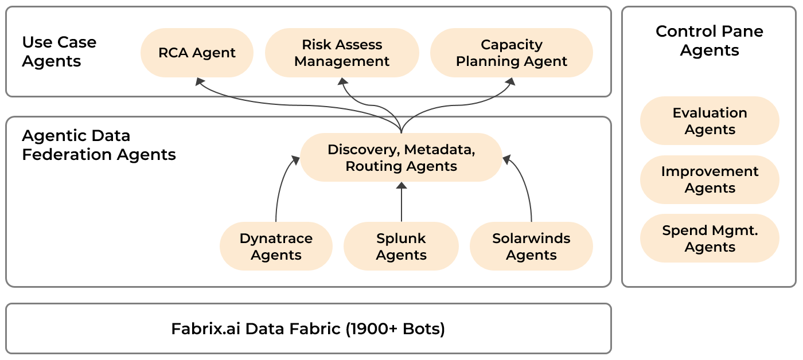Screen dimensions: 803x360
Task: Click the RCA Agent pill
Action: (197, 53)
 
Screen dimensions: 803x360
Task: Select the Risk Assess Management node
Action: (342, 53)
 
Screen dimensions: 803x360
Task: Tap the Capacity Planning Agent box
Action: (511, 53)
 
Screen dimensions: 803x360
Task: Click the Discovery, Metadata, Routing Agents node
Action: (401, 158)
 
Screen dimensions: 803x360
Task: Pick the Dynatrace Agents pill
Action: (276, 246)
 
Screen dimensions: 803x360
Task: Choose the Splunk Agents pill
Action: (401, 246)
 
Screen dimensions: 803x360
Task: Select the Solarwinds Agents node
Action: (531, 246)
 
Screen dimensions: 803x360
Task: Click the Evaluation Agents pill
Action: (710, 121)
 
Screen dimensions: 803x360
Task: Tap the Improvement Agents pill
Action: (710, 179)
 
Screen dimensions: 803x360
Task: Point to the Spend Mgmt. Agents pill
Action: (710, 238)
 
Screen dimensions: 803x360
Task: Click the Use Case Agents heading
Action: (59, 52)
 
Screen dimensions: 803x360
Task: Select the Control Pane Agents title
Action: (710, 41)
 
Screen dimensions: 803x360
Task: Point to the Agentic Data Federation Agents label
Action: (99, 145)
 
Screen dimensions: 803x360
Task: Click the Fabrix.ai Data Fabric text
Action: (256, 329)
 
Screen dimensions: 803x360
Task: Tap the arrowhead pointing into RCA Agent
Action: (200, 81)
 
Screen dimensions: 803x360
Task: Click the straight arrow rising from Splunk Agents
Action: (402, 202)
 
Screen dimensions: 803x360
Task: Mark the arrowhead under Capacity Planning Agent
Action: (510, 82)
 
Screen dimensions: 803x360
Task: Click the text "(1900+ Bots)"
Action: (395, 329)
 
